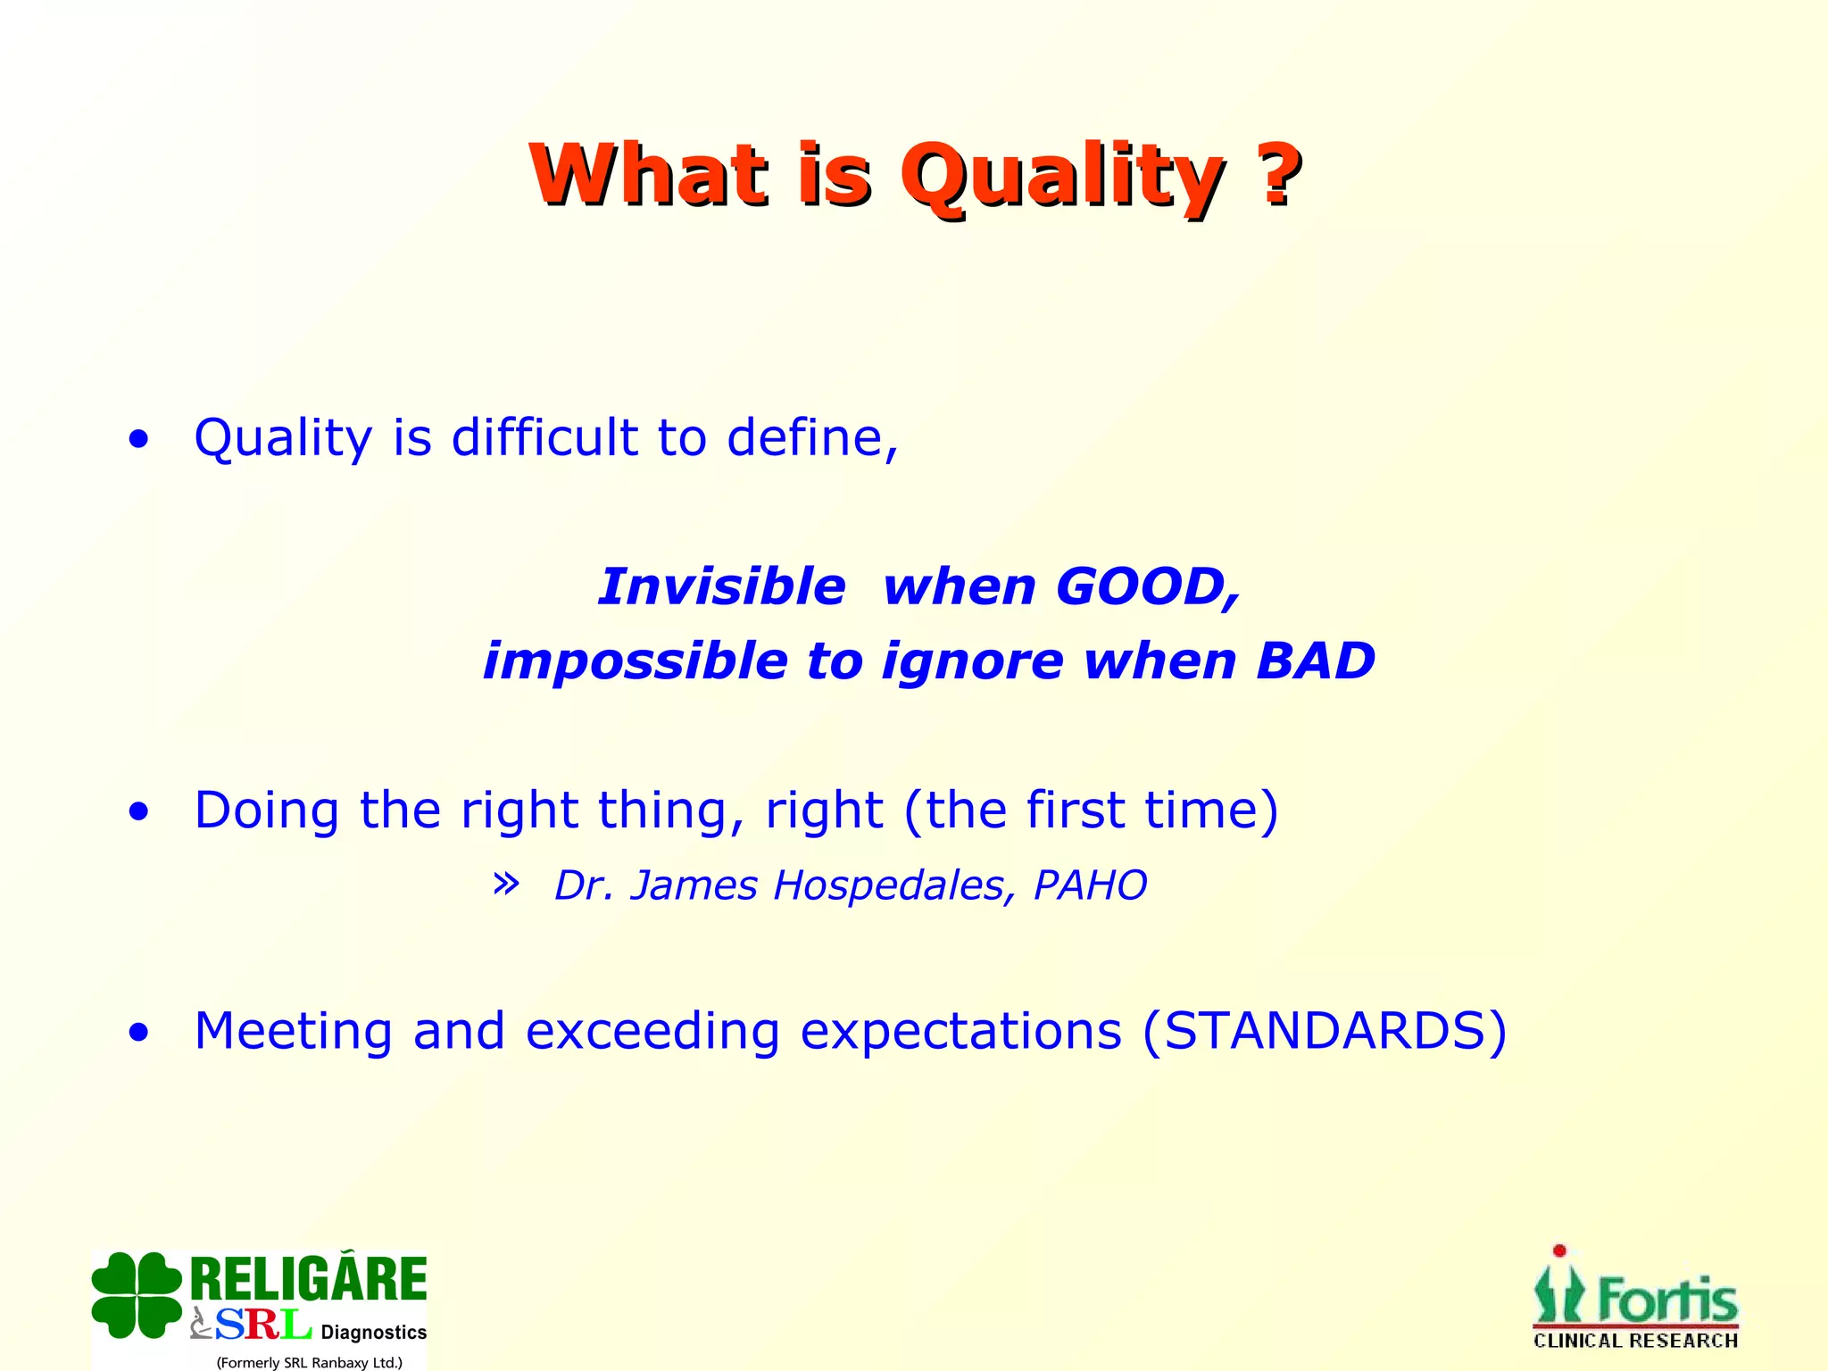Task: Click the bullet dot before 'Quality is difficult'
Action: (x=138, y=439)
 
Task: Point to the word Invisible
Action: (x=721, y=586)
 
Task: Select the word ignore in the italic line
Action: (x=972, y=662)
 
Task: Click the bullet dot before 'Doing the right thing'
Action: (x=138, y=811)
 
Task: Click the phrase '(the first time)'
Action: (x=1091, y=810)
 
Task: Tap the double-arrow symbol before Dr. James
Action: (x=505, y=884)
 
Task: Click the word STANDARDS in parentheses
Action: (x=1325, y=1031)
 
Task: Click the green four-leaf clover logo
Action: (x=137, y=1294)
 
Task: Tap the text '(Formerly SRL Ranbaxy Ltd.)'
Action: (x=309, y=1362)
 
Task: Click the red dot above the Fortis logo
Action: (x=1559, y=1251)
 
